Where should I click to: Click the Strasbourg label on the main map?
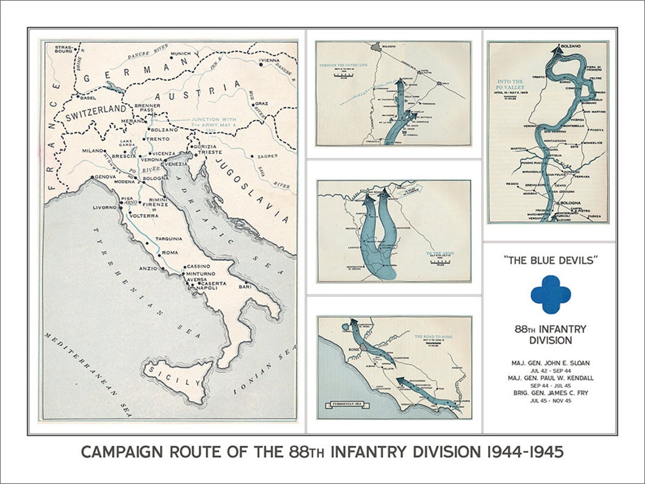(x=63, y=49)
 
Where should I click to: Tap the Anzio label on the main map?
(x=149, y=268)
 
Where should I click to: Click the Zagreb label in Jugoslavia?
(x=268, y=156)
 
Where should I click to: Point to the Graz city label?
(x=262, y=103)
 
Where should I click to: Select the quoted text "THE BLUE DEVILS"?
(x=550, y=260)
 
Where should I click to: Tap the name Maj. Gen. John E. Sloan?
(x=550, y=363)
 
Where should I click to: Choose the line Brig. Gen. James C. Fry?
(x=550, y=393)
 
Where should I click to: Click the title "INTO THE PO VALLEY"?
(x=509, y=85)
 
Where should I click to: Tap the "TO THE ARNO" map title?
(x=440, y=254)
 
